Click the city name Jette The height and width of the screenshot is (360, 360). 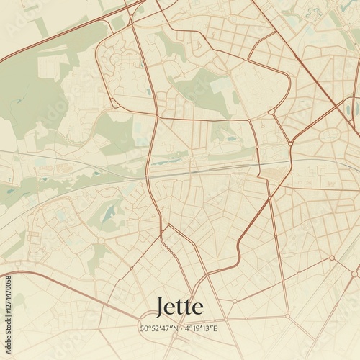coord(179,307)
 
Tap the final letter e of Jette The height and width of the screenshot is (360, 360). coord(197,310)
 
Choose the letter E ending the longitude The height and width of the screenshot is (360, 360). coord(215,328)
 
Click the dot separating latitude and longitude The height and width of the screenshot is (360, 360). coord(183,328)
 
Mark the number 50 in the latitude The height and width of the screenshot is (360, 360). coord(145,328)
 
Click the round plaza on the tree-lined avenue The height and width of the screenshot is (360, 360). coord(332,257)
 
